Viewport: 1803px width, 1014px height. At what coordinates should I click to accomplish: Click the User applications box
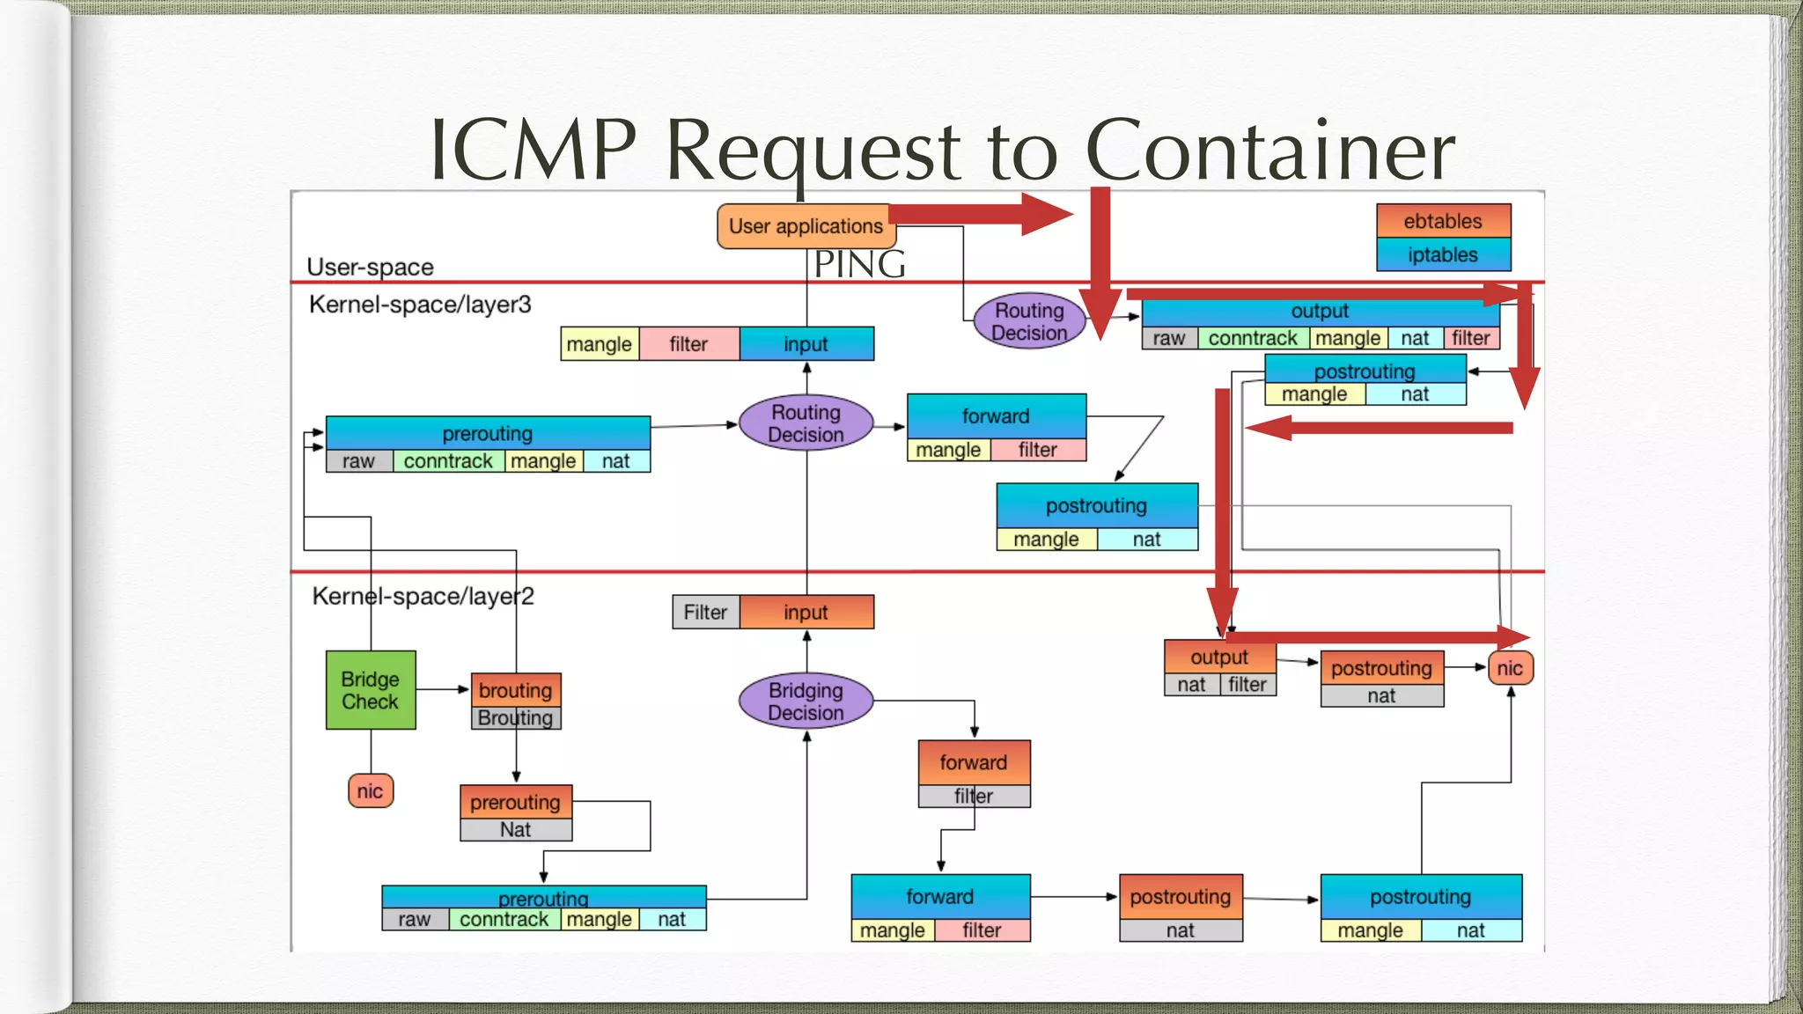pyautogui.click(x=806, y=226)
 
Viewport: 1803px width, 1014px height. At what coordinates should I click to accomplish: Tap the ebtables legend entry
pyautogui.click(x=1443, y=221)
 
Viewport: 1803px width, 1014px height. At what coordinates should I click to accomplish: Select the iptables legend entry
pyautogui.click(x=1443, y=255)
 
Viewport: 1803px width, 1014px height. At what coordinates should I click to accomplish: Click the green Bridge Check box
pyautogui.click(x=371, y=690)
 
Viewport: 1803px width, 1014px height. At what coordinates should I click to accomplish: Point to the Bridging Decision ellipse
pyautogui.click(x=806, y=702)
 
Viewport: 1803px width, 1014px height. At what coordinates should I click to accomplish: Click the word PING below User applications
pyautogui.click(x=859, y=264)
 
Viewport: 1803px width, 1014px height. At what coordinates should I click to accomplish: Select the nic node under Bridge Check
pyautogui.click(x=371, y=790)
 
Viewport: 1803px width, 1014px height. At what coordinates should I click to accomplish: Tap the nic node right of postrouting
pyautogui.click(x=1510, y=668)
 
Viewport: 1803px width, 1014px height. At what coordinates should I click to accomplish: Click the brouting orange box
pyautogui.click(x=516, y=690)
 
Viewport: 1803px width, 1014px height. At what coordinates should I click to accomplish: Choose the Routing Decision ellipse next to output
pyautogui.click(x=1028, y=321)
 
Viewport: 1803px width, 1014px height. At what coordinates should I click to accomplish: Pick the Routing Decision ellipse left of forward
pyautogui.click(x=806, y=423)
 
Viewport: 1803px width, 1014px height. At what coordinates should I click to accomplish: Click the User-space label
pyautogui.click(x=370, y=267)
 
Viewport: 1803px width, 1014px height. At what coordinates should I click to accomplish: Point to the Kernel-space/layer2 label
pyautogui.click(x=423, y=597)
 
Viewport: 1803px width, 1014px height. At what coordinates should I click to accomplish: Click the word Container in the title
pyautogui.click(x=1269, y=150)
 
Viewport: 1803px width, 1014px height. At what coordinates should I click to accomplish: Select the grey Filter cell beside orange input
pyautogui.click(x=705, y=613)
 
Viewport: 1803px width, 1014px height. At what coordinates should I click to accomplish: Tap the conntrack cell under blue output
pyautogui.click(x=1252, y=339)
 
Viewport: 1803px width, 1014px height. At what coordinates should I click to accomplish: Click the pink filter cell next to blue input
pyautogui.click(x=688, y=344)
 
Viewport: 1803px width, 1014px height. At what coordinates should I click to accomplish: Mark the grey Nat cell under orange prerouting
pyautogui.click(x=516, y=830)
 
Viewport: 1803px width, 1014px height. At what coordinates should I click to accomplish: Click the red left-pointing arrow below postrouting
pyautogui.click(x=1378, y=429)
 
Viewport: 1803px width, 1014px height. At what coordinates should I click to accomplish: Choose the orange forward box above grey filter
pyautogui.click(x=974, y=762)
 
